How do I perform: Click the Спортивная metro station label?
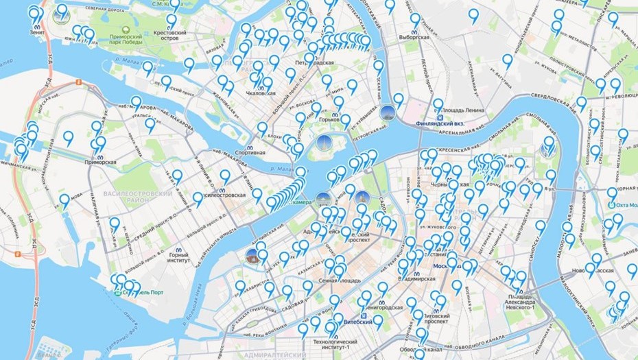coord(250,152)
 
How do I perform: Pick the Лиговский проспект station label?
coord(437,320)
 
